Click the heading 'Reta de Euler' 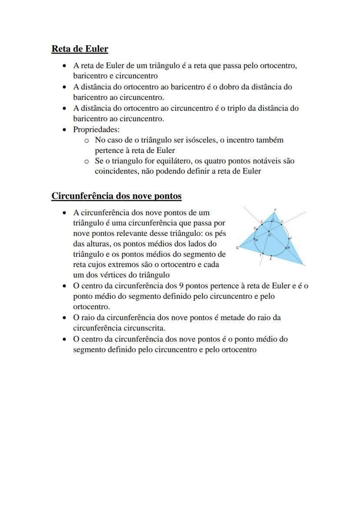80,49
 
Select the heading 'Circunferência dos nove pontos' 117,196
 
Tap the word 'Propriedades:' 96,130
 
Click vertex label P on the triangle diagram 275,210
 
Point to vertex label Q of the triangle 237,248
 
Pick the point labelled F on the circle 290,239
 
